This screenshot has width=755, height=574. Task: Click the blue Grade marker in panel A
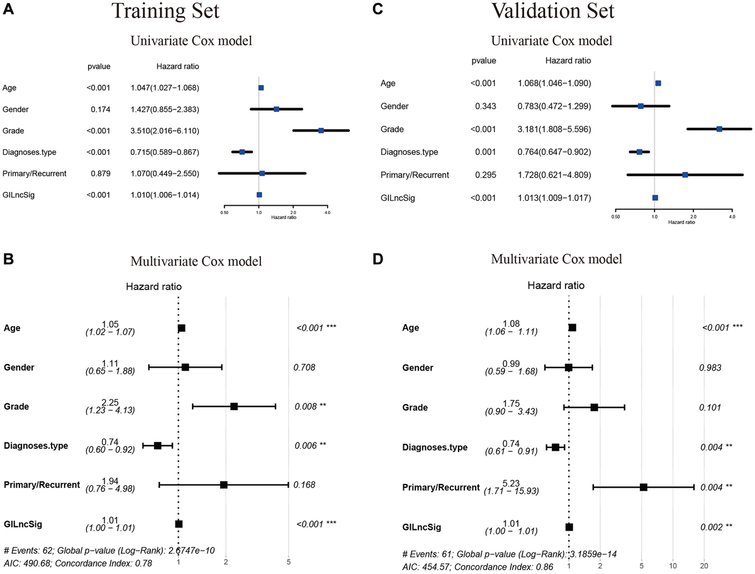(321, 130)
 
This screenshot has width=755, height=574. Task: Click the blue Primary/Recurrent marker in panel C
(685, 174)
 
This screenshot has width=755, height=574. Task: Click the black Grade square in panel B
(234, 407)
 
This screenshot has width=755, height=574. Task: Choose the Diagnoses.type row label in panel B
(36, 446)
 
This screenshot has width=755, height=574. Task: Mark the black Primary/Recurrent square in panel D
(644, 487)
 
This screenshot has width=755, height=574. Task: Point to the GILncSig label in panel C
(400, 198)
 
